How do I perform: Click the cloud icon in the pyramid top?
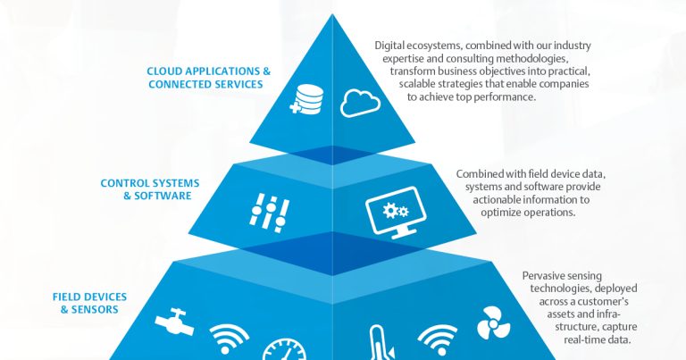(361, 103)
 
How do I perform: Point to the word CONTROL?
(124, 183)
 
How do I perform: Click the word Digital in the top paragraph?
(394, 45)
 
